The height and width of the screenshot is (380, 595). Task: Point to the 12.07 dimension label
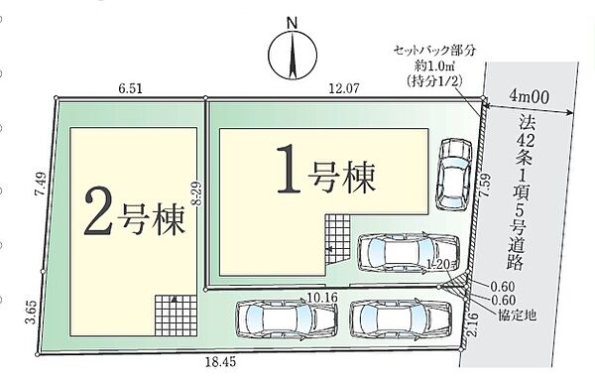pyautogui.click(x=343, y=88)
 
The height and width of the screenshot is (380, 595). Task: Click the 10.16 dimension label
pyautogui.click(x=323, y=297)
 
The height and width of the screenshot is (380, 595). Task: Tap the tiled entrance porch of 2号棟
pyautogui.click(x=175, y=315)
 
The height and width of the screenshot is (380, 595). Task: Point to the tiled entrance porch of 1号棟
pyautogui.click(x=337, y=237)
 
